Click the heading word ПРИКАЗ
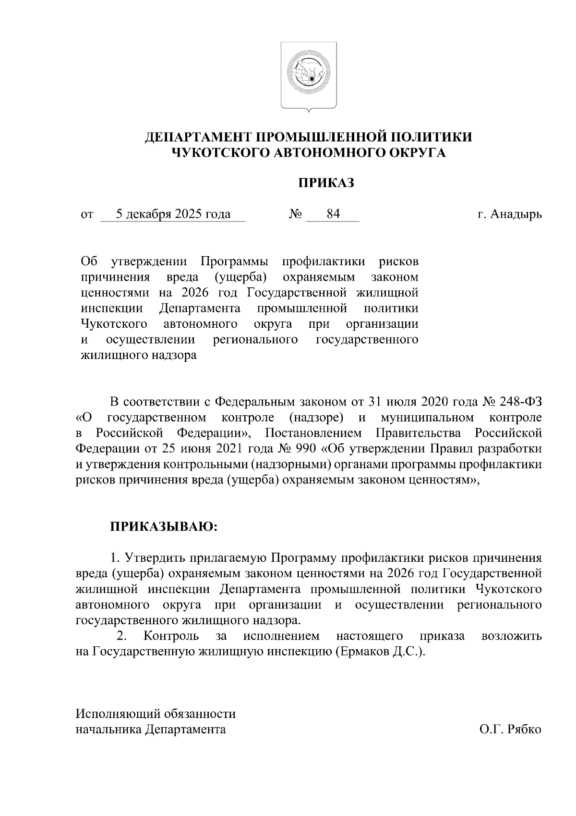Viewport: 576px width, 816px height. (x=327, y=183)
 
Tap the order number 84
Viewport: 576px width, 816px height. (x=333, y=214)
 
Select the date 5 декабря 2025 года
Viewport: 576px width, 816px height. (x=173, y=214)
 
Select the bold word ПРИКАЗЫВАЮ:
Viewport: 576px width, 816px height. (x=164, y=528)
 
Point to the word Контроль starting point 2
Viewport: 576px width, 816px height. (x=171, y=636)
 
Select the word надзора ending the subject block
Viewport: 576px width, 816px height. (x=179, y=356)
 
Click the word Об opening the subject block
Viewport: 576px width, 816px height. (x=89, y=262)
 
